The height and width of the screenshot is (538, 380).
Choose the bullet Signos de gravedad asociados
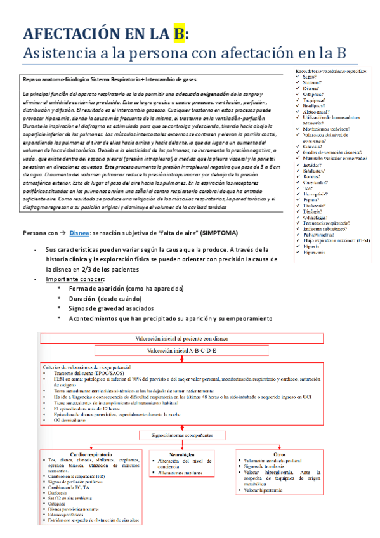tap(115, 308)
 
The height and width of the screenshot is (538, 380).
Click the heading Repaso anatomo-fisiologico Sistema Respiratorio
tap(89, 79)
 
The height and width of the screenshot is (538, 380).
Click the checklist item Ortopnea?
tap(313, 94)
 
